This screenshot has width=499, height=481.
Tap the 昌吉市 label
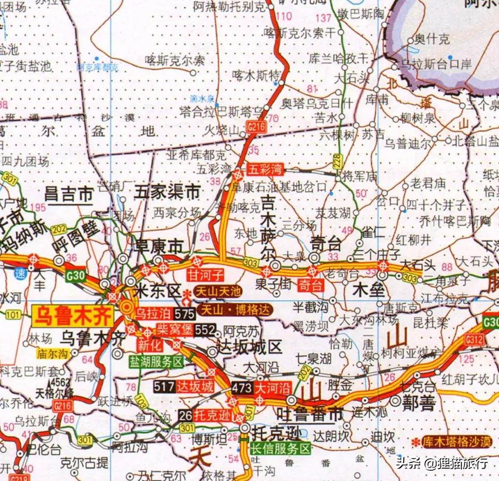click(x=68, y=194)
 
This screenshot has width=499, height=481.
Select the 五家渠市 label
click(x=167, y=193)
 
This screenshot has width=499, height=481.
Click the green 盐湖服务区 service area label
click(x=156, y=362)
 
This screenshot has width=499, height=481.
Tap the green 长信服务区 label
click(x=281, y=449)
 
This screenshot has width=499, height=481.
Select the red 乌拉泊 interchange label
click(x=153, y=313)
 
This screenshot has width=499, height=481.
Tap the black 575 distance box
click(x=185, y=313)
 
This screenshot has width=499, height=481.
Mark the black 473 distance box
click(x=242, y=387)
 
